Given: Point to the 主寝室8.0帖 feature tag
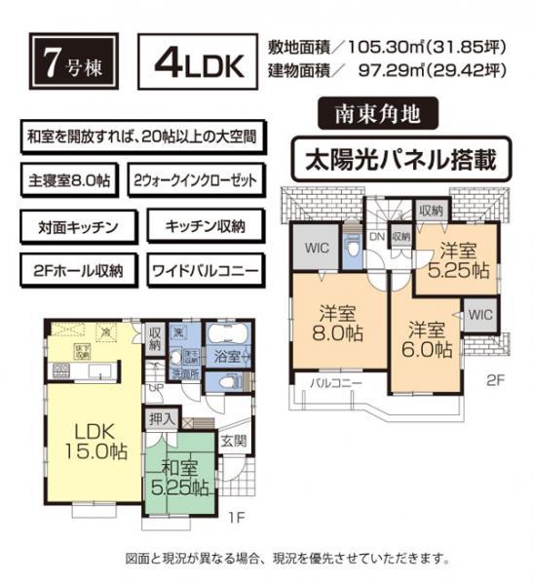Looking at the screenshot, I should click(68, 182).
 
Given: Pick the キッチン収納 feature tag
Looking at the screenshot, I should click(205, 226).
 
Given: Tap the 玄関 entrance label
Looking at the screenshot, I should click(234, 441).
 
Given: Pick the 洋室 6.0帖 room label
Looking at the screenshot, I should click(430, 337).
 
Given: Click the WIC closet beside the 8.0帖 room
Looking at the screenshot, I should click(314, 249).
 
